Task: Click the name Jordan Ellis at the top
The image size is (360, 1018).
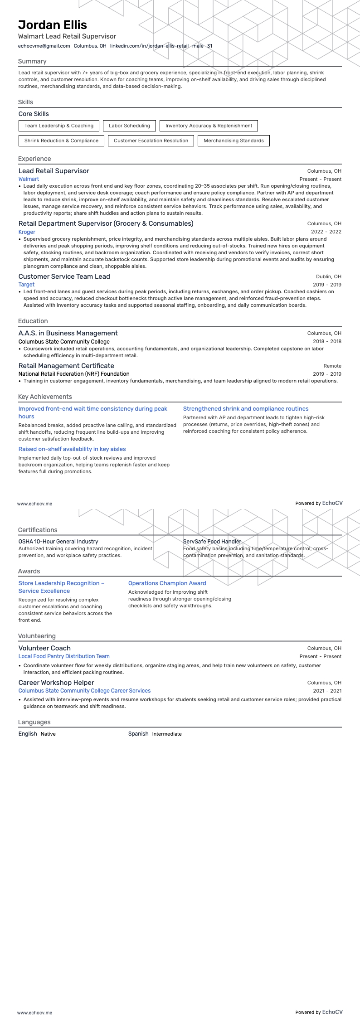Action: pos(53,25)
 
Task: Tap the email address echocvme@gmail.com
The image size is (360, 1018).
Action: pos(44,46)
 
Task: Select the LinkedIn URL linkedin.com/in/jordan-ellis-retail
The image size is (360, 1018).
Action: pos(149,46)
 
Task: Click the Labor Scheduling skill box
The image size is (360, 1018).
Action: pos(129,126)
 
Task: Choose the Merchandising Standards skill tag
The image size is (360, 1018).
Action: pos(234,141)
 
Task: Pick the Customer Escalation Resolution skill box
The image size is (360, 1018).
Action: pos(151,141)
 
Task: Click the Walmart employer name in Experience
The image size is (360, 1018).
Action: pos(29,179)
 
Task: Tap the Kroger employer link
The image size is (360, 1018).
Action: pos(27,232)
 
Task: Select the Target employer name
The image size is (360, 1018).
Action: pos(26,285)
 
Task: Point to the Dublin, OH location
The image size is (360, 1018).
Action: pos(328,276)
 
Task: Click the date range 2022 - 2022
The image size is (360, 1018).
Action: pos(326,232)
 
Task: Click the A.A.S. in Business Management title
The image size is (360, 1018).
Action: pos(68,333)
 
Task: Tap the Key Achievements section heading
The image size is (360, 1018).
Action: pos(45,397)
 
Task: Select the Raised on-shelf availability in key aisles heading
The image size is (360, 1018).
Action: pos(72,449)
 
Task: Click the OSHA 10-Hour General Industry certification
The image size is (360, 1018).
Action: pos(58,542)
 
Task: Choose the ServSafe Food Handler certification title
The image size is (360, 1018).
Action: pos(212,542)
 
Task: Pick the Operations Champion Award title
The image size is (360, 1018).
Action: pos(167,583)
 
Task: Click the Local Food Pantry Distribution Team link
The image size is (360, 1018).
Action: pos(64,656)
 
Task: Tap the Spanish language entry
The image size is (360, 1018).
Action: pos(138,734)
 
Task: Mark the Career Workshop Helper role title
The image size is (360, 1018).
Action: pos(56,683)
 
